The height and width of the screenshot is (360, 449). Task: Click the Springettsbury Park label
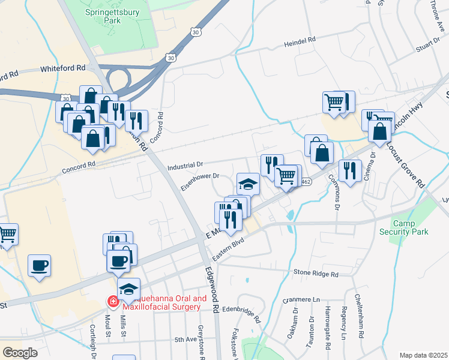pyautogui.click(x=103, y=16)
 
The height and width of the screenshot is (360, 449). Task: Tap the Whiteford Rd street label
pyautogui.click(x=63, y=69)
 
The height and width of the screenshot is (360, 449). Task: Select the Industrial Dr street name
pyautogui.click(x=186, y=164)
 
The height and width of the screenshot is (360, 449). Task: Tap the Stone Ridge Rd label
pyautogui.click(x=316, y=274)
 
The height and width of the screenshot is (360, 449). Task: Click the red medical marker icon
pyautogui.click(x=112, y=301)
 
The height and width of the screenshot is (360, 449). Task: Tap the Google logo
pyautogui.click(x=20, y=352)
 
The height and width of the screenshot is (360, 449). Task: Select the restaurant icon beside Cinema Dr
pyautogui.click(x=349, y=170)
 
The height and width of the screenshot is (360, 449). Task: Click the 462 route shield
pyautogui.click(x=306, y=182)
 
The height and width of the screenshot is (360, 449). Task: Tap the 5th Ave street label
pyautogui.click(x=186, y=340)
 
